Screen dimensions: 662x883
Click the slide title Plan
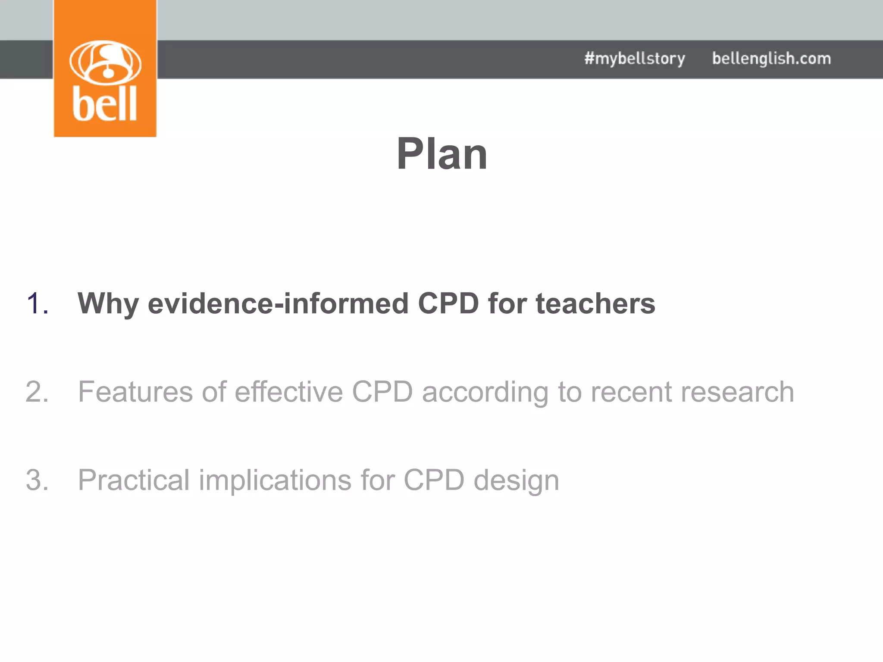click(442, 154)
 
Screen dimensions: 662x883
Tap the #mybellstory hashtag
click(635, 59)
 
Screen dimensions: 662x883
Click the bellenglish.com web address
click(771, 59)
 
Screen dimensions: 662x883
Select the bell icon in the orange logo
click(105, 62)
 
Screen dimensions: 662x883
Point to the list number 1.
click(37, 303)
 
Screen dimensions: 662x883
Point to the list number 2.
click(37, 392)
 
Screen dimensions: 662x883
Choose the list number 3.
click(37, 480)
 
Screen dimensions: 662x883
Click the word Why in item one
click(108, 303)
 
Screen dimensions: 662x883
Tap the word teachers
click(595, 303)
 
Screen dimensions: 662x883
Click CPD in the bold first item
click(448, 303)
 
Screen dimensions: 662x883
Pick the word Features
click(135, 392)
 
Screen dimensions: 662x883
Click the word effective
click(289, 392)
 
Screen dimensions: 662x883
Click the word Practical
click(134, 480)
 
